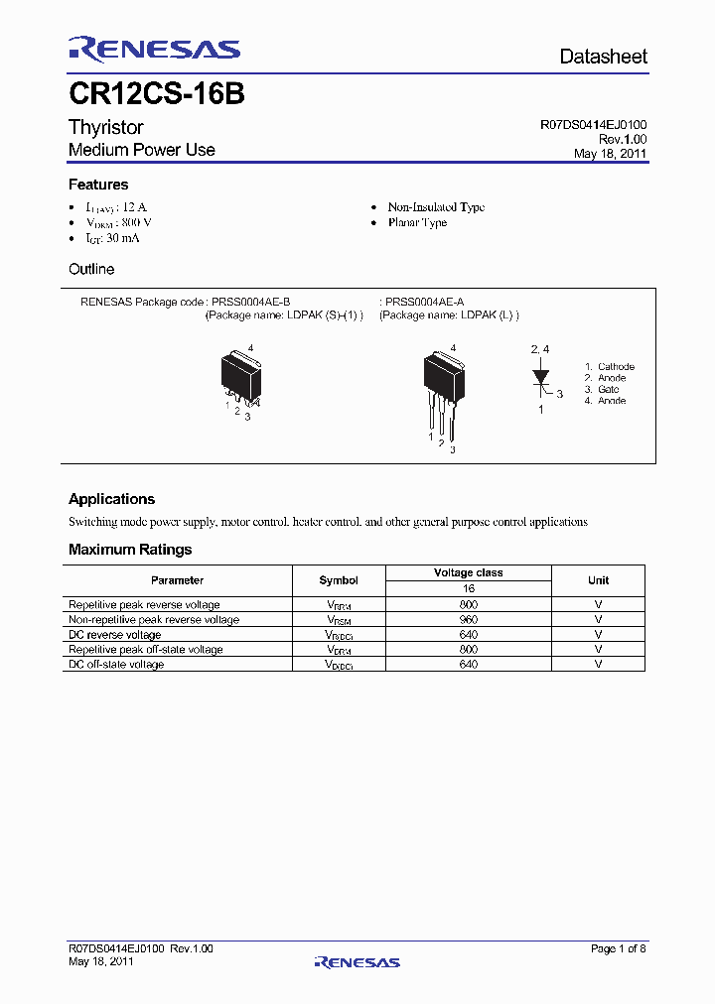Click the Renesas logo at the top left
[x=154, y=50]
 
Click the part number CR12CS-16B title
[x=156, y=94]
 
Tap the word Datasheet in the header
[x=603, y=57]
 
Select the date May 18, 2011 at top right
[x=611, y=154]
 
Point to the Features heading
[x=98, y=185]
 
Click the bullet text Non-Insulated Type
[x=436, y=207]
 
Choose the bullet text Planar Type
[x=417, y=223]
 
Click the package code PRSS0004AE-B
[x=251, y=302]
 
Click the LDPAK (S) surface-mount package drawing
[x=242, y=377]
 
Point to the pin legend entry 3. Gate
[x=602, y=390]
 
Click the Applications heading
[x=111, y=499]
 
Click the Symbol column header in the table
[x=338, y=580]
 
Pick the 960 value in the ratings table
[x=468, y=619]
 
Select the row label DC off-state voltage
[x=116, y=664]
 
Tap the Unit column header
[x=598, y=580]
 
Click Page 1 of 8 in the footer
[x=619, y=949]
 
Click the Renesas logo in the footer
[x=357, y=961]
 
